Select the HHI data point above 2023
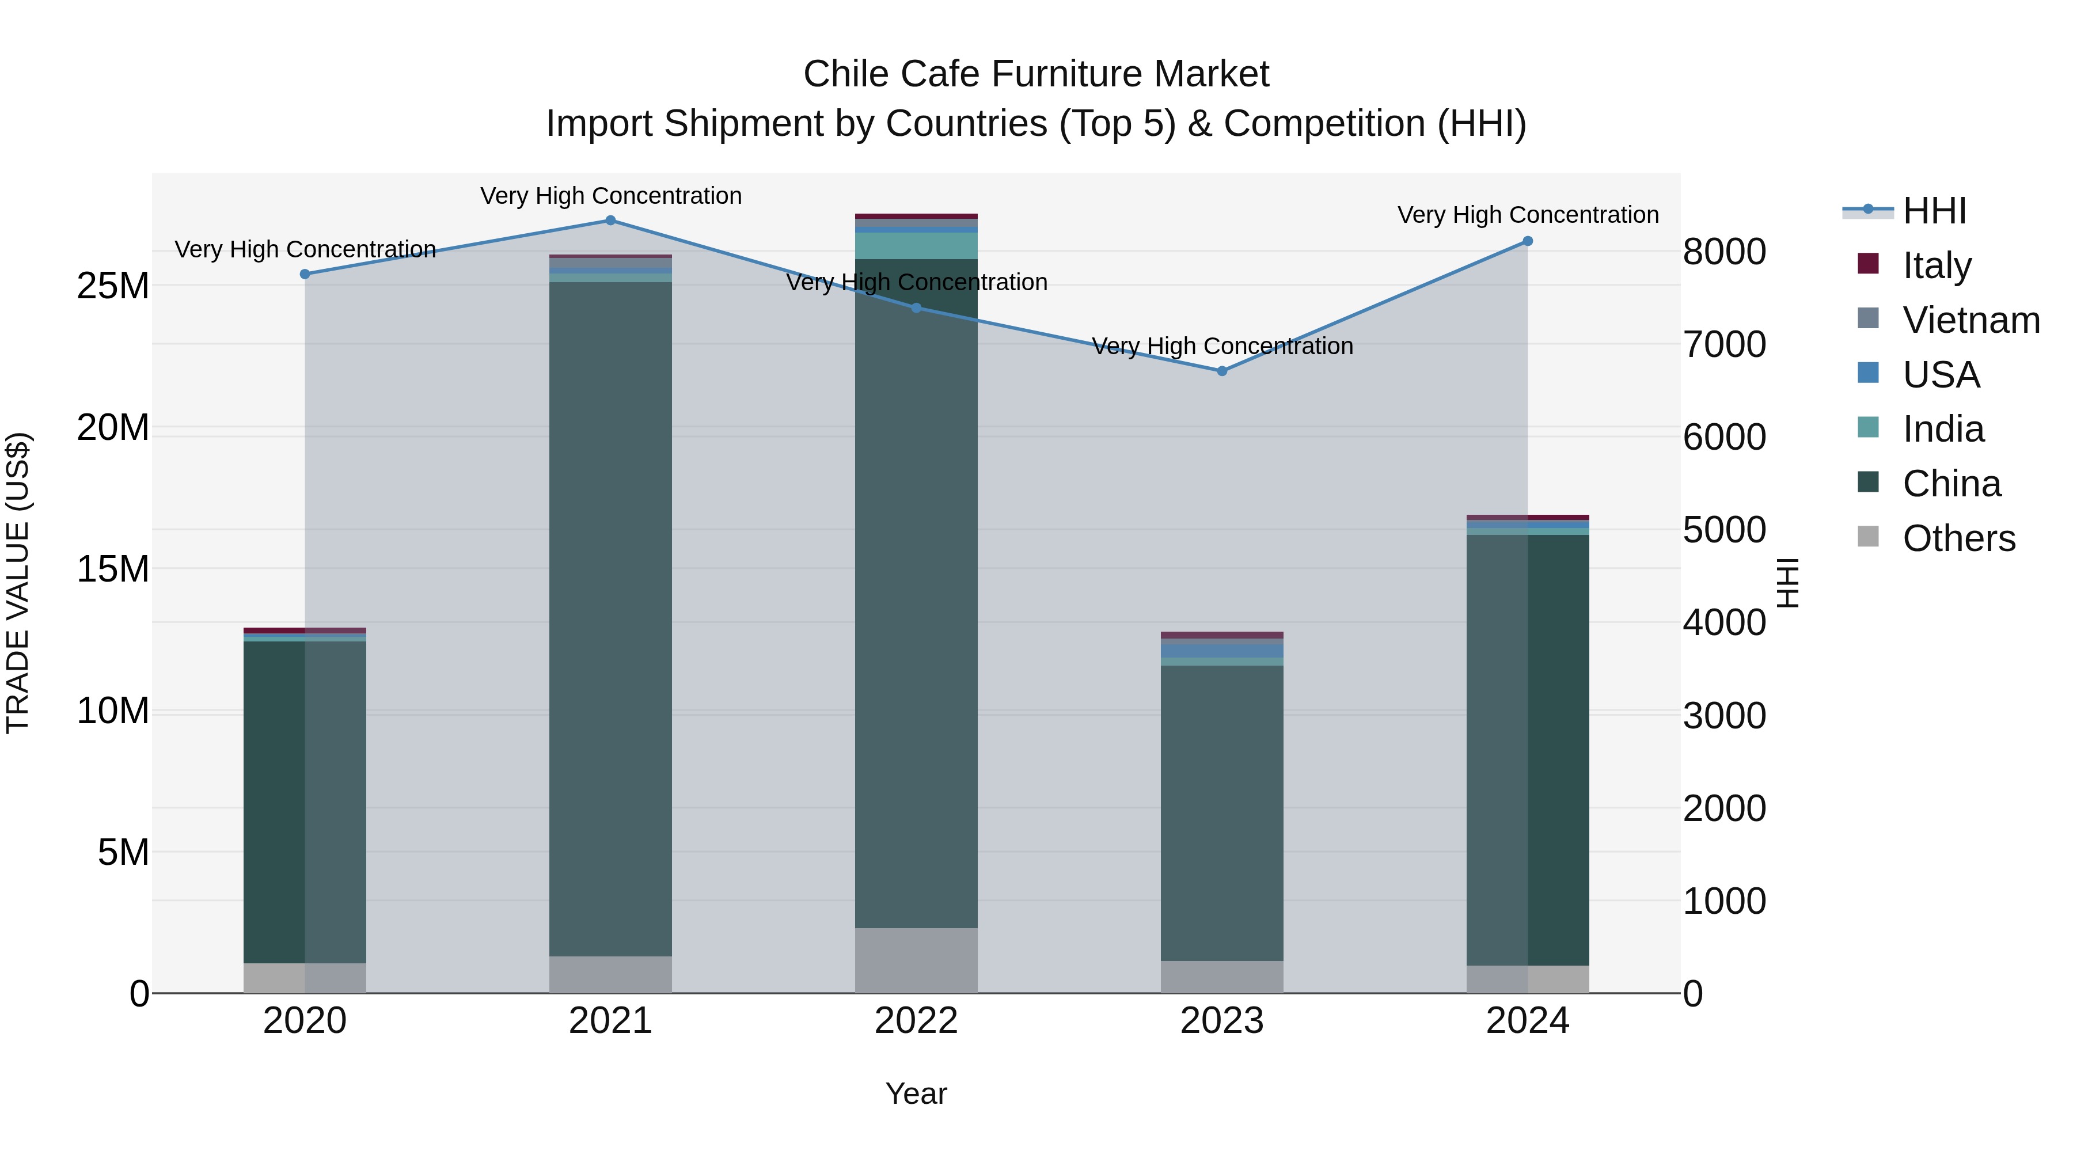pyautogui.click(x=1221, y=371)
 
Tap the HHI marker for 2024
pyautogui.click(x=1527, y=241)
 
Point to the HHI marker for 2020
pyautogui.click(x=305, y=275)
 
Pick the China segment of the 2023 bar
pyautogui.click(x=1221, y=812)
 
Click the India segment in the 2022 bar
pyautogui.click(x=916, y=245)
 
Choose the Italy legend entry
pyautogui.click(x=1936, y=265)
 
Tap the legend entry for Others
pyautogui.click(x=1958, y=538)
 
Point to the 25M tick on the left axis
pyautogui.click(x=113, y=286)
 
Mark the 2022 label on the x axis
pyautogui.click(x=916, y=1021)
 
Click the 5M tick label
pyautogui.click(x=123, y=852)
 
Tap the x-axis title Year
pyautogui.click(x=916, y=1093)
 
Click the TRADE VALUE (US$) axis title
pyautogui.click(x=18, y=583)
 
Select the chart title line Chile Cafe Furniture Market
pyautogui.click(x=1036, y=74)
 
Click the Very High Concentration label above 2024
pyautogui.click(x=1527, y=215)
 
